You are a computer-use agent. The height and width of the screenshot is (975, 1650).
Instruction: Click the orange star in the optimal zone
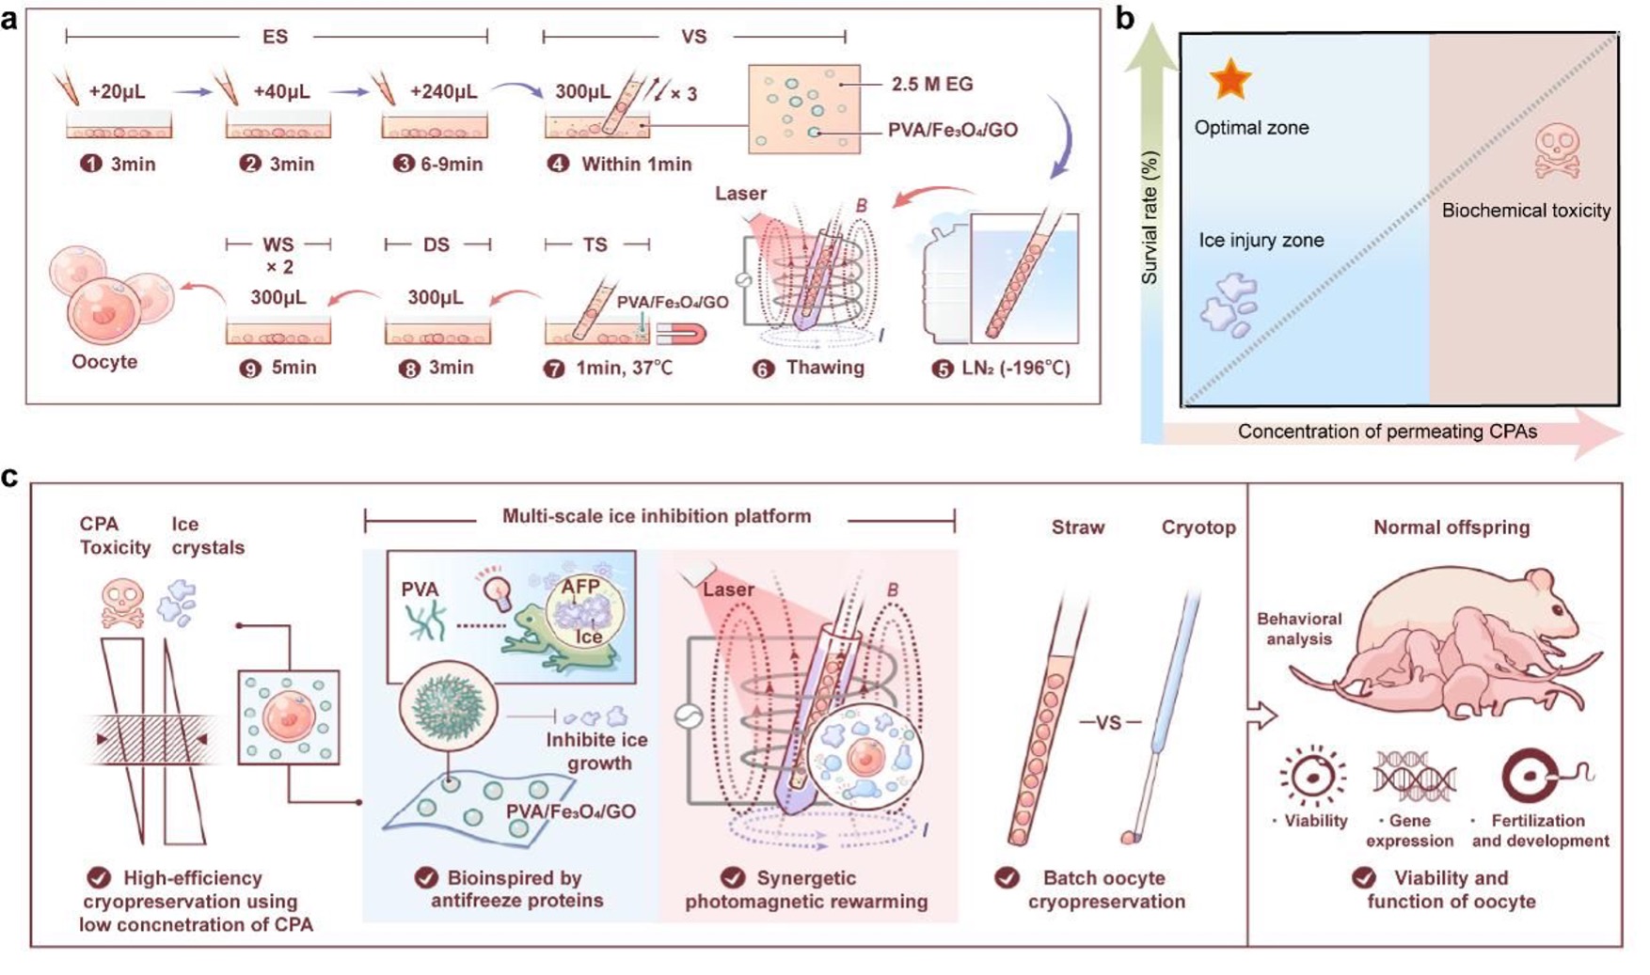pos(1230,79)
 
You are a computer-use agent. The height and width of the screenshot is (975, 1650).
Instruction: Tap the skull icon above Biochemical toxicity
pos(1557,152)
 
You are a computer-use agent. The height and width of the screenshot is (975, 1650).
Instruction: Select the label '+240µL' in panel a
pos(443,92)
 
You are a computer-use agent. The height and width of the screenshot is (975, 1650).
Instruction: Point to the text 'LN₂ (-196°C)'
pos(1015,368)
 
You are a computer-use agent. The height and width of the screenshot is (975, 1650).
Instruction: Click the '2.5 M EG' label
pos(932,84)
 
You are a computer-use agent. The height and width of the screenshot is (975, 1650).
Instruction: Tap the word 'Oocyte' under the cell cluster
pos(104,362)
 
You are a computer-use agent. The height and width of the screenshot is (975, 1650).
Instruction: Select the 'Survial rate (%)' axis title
pos(1150,218)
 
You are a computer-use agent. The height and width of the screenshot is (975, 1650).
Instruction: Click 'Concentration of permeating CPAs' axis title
pos(1387,432)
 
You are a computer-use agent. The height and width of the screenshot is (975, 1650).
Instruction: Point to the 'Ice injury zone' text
pos(1261,241)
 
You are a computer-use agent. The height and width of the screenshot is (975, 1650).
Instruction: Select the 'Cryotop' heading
pos(1198,527)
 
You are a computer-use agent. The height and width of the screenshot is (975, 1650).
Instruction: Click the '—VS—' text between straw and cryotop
pos(1110,723)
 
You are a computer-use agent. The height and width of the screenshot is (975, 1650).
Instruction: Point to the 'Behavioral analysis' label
pos(1299,629)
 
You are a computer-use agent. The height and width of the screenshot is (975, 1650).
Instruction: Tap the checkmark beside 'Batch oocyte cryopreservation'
pos(1007,878)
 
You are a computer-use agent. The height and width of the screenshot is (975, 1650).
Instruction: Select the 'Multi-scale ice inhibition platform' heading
pos(656,516)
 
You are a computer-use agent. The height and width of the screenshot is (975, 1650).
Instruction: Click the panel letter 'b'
pos(1124,20)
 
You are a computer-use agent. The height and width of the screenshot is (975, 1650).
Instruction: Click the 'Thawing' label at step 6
pos(825,368)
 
